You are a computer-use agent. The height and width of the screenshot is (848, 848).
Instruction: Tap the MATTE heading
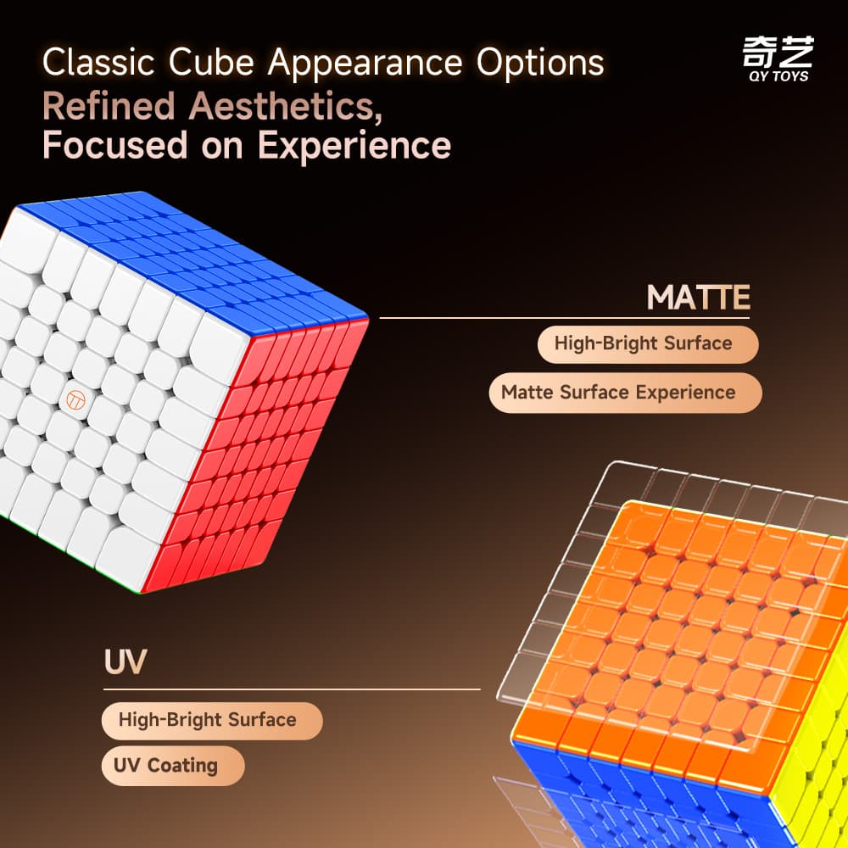[698, 298]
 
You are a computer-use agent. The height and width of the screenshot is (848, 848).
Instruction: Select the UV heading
[125, 661]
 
